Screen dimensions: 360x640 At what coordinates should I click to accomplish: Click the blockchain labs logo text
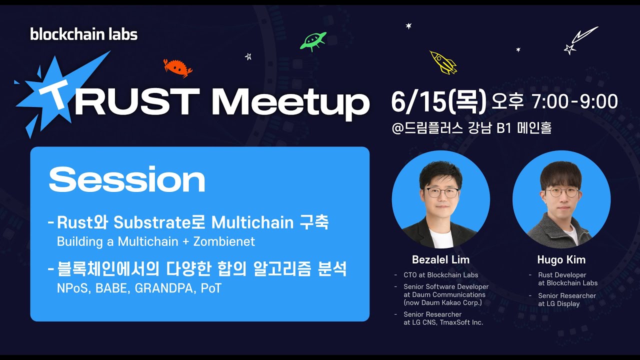click(x=83, y=34)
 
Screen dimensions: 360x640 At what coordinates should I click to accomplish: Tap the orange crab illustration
click(x=177, y=67)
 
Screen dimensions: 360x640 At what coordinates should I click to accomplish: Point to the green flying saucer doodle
click(x=313, y=40)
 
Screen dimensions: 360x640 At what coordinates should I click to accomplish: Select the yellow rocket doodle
click(x=443, y=62)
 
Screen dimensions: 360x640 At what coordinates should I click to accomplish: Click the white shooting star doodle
click(x=581, y=40)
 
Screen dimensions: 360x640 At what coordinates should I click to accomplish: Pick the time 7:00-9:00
click(x=575, y=102)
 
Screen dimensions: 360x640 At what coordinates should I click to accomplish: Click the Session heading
click(x=127, y=179)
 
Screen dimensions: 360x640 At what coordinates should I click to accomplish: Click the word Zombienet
click(x=224, y=242)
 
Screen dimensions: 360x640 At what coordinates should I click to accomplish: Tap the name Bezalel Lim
click(x=440, y=260)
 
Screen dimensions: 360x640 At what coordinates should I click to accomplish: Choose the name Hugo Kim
click(x=561, y=260)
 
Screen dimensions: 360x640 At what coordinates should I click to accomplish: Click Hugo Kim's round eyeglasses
click(x=562, y=192)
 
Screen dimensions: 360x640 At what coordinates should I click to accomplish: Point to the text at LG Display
click(x=558, y=303)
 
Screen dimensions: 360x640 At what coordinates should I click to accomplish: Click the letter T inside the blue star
click(x=55, y=95)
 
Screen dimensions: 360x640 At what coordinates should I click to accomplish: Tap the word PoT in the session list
click(x=211, y=288)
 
